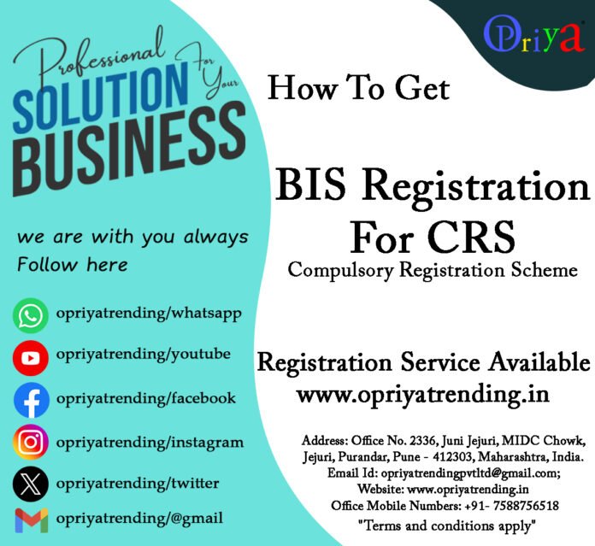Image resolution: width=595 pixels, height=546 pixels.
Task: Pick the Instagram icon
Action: pyautogui.click(x=31, y=443)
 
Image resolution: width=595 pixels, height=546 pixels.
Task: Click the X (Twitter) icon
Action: pyautogui.click(x=31, y=484)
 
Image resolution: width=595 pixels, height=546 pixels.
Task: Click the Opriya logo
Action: pyautogui.click(x=533, y=36)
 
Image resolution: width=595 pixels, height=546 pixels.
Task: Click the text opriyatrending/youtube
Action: pyautogui.click(x=143, y=353)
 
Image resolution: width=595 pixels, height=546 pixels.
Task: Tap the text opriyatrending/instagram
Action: pyautogui.click(x=150, y=442)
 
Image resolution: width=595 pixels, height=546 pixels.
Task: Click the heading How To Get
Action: pyautogui.click(x=358, y=87)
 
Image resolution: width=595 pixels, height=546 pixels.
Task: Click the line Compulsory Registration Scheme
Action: pyautogui.click(x=433, y=270)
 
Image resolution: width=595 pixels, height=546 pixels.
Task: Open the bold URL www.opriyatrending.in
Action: pyautogui.click(x=422, y=395)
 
